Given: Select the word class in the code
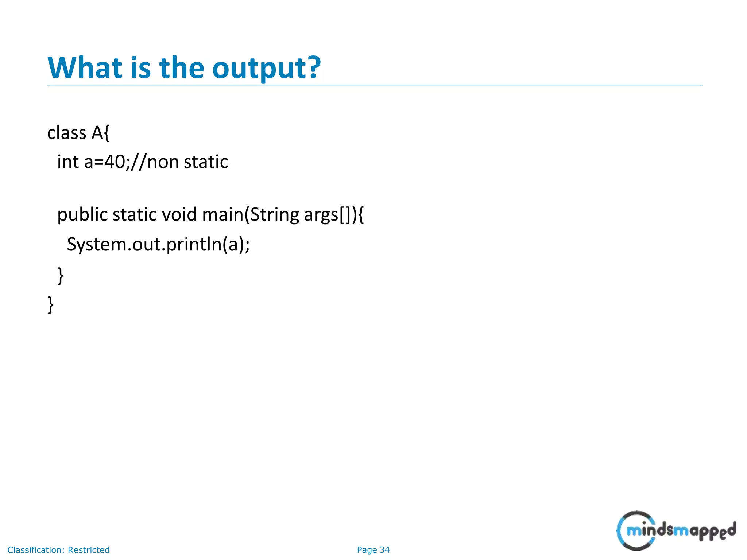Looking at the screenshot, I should point(67,133).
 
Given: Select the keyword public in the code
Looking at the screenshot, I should point(82,215).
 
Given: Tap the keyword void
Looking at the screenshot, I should point(179,214).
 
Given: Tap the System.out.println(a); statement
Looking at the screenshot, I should point(158,244).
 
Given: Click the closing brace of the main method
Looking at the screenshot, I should point(61,275).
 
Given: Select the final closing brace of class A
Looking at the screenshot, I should point(51,304).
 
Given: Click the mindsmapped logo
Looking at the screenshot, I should point(676,530).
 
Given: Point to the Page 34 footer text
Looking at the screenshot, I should point(373,550).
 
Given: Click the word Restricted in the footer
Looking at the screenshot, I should point(89,550).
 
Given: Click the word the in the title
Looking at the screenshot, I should point(182,68).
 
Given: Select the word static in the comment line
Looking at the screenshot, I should point(206,162).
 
